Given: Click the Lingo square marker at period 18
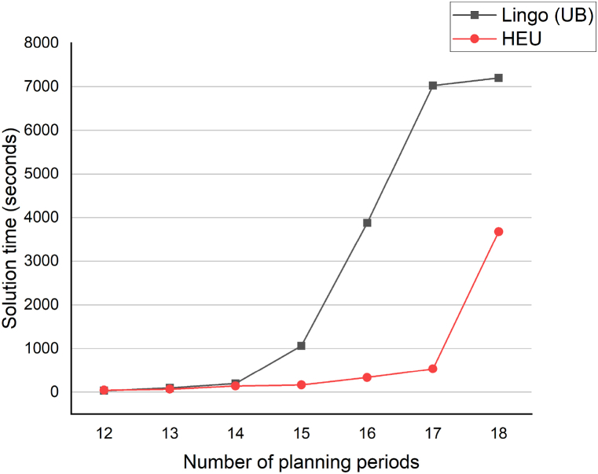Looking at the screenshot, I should coord(498,78).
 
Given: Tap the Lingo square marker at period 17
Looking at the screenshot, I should coord(432,86).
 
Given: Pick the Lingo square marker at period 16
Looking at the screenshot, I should coord(367,222).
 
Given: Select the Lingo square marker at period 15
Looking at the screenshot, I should coord(301,346).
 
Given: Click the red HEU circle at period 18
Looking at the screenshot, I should coord(498,232).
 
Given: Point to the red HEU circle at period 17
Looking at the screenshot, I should coord(432,369).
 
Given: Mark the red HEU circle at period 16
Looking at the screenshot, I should coord(367,377).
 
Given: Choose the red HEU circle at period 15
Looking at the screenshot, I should coord(301,384).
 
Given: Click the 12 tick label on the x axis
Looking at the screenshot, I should coord(104,432).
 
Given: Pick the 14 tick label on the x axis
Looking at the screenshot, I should coord(235,432).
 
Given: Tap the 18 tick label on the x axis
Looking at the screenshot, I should coord(498,432).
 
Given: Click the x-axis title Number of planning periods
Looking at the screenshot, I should coord(301,461).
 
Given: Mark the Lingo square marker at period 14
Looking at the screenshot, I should coord(235,384).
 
